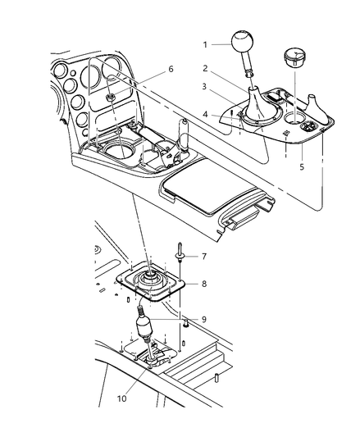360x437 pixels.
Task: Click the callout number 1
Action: pyautogui.click(x=205, y=44)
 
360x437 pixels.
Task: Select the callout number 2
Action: pyautogui.click(x=205, y=68)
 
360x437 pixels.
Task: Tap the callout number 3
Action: pyautogui.click(x=204, y=87)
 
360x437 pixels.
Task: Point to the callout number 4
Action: pyautogui.click(x=205, y=114)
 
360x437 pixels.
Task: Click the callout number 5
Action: pyautogui.click(x=302, y=166)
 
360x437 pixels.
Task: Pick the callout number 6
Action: pyautogui.click(x=171, y=69)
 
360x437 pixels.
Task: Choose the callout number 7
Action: pyautogui.click(x=204, y=256)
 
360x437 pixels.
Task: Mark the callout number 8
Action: pyautogui.click(x=204, y=284)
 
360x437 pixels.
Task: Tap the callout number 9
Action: pyautogui.click(x=204, y=320)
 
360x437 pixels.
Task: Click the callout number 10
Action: pyautogui.click(x=122, y=398)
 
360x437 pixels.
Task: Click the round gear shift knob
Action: pyautogui.click(x=242, y=43)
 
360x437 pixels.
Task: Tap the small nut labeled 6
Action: pyautogui.click(x=109, y=98)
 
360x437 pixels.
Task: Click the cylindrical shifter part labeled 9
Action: pyautogui.click(x=144, y=326)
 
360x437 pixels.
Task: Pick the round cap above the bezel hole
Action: pyautogui.click(x=295, y=57)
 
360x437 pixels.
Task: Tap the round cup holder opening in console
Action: pyautogui.click(x=119, y=152)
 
